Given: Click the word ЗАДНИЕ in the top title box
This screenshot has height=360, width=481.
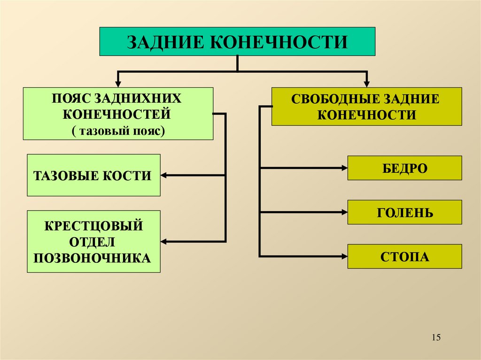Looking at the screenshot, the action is [x=163, y=42].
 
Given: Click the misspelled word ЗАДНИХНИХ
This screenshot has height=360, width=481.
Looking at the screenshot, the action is [x=138, y=100].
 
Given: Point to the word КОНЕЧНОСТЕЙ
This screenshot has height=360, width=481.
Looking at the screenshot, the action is [x=117, y=114].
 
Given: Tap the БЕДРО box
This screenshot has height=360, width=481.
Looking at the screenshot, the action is [x=404, y=168].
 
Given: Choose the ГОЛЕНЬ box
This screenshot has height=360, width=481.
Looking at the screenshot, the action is [x=404, y=213].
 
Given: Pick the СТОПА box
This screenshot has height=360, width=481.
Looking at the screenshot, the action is [x=404, y=256].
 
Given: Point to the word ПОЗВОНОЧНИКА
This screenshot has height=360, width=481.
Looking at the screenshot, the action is [x=93, y=258].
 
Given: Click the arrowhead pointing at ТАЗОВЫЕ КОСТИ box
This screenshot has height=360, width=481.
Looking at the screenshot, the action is [x=164, y=176].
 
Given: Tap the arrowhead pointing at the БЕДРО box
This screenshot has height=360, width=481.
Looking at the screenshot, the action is [x=344, y=168].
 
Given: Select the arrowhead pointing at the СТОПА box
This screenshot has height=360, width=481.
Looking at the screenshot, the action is [x=344, y=256].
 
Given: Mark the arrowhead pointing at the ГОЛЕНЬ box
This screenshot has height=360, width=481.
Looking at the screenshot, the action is [x=344, y=213].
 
